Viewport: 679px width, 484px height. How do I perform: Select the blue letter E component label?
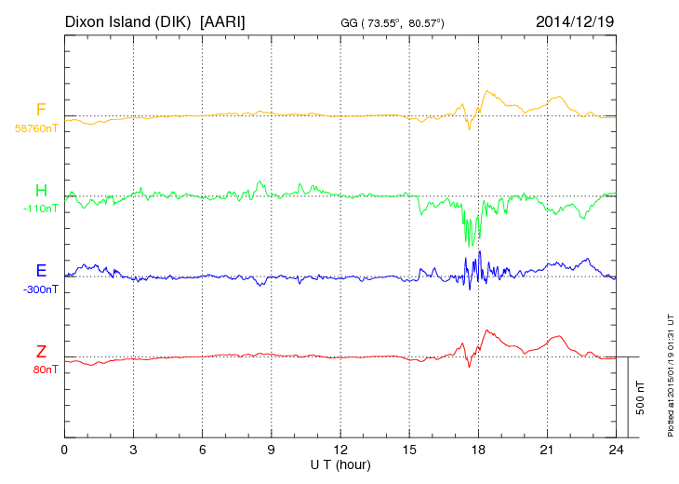point(41,271)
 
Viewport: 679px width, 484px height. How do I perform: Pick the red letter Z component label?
point(41,351)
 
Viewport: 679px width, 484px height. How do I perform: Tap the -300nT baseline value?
point(40,289)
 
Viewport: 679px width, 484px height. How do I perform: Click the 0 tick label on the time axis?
point(64,450)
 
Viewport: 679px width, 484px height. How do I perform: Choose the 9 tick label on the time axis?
point(272,450)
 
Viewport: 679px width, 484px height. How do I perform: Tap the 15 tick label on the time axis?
point(409,450)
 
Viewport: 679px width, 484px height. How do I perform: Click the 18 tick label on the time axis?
point(478,450)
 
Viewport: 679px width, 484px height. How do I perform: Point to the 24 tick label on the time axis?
point(616,450)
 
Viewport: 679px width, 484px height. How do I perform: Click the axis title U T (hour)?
point(340,464)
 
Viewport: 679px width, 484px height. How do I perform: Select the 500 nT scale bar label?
point(641,397)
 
